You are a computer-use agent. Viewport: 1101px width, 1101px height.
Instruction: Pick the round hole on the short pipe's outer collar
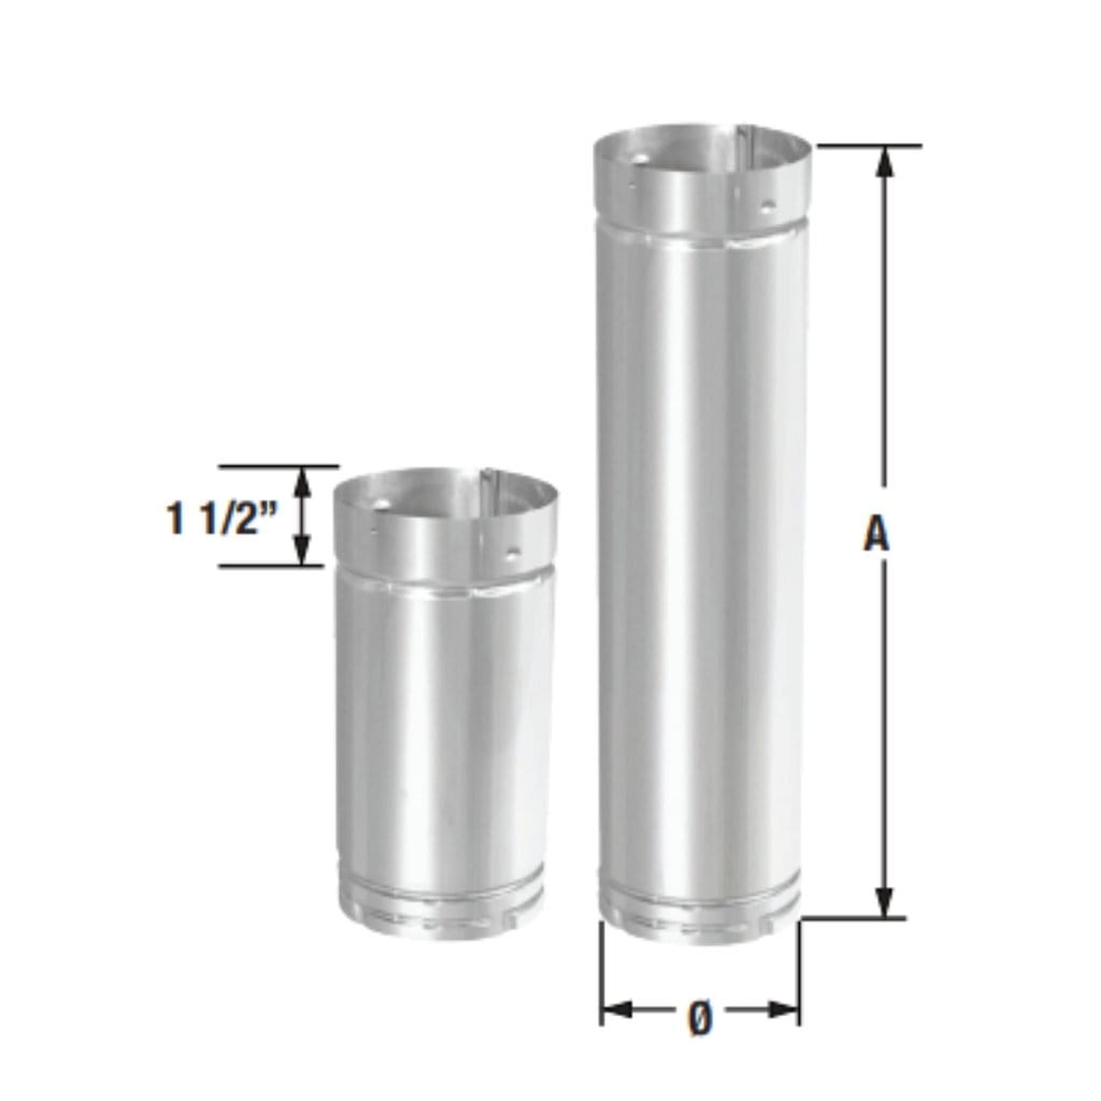(x=514, y=552)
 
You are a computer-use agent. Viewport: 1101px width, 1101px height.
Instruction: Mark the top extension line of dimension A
(x=869, y=146)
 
